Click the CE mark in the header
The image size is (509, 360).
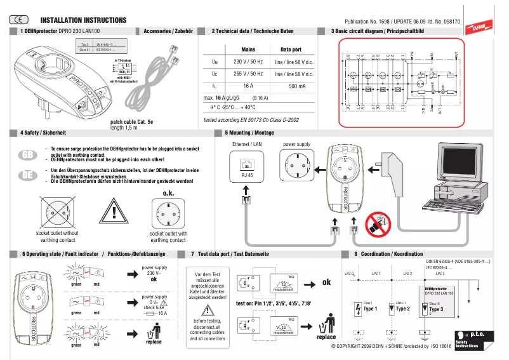pyautogui.click(x=19, y=20)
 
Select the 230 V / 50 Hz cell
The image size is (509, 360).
pyautogui.click(x=248, y=62)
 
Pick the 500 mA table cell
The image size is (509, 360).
pyautogui.click(x=296, y=86)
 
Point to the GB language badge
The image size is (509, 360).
pyautogui.click(x=27, y=155)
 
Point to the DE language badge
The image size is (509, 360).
pyautogui.click(x=27, y=175)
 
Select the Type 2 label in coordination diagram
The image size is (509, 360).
pyautogui.click(x=403, y=309)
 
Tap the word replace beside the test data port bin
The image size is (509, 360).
pyautogui.click(x=326, y=337)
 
